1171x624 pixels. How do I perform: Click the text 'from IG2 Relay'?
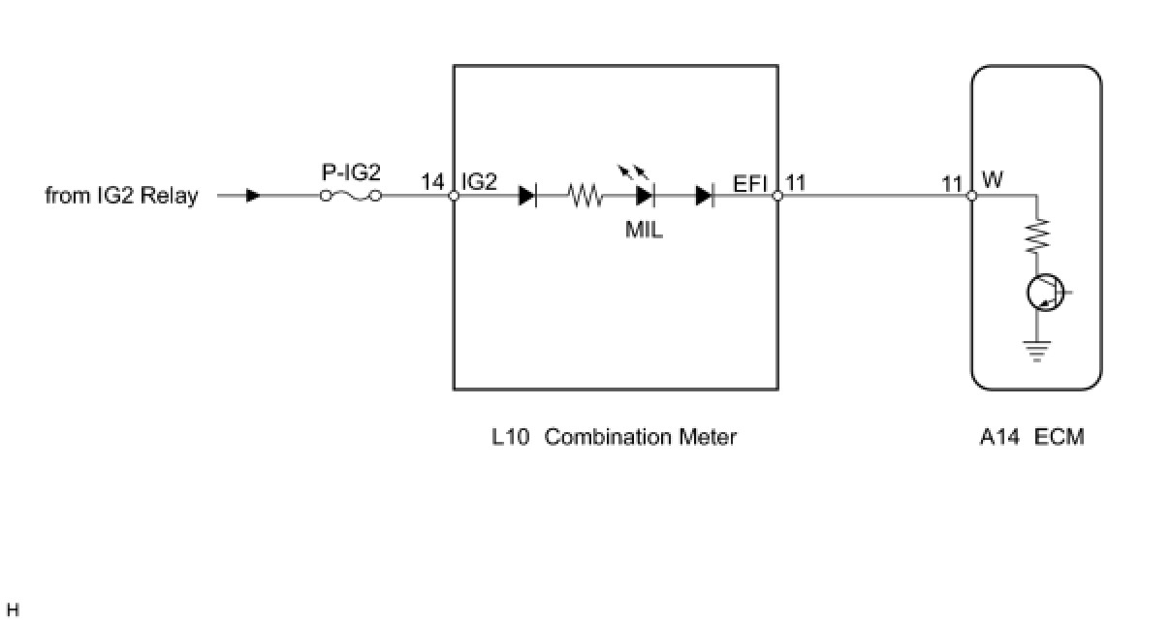coord(121,196)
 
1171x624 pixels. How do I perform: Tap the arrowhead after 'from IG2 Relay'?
coord(253,196)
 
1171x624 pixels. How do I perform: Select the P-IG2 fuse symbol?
coord(351,196)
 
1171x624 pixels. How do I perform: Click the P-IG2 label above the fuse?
coord(351,173)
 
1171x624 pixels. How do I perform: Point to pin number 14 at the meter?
coord(432,181)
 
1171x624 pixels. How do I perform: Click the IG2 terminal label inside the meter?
coord(480,181)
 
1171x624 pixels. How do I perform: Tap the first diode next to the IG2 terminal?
coord(527,196)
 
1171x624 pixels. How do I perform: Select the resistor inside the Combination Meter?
coord(585,196)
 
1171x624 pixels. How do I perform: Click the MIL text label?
coord(645,232)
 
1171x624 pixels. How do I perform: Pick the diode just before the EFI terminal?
coord(705,196)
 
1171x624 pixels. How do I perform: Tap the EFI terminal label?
coord(750,181)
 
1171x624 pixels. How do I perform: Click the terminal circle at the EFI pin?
coord(777,196)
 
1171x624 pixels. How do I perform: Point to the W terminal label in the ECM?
coord(993,180)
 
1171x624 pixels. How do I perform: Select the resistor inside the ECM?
coord(1037,234)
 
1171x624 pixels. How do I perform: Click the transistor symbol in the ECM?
coord(1045,292)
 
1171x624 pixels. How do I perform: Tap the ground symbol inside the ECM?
coord(1037,350)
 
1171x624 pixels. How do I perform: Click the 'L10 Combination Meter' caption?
coord(614,437)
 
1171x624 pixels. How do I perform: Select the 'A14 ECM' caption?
coord(1031,437)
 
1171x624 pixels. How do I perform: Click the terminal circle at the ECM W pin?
coord(972,196)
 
